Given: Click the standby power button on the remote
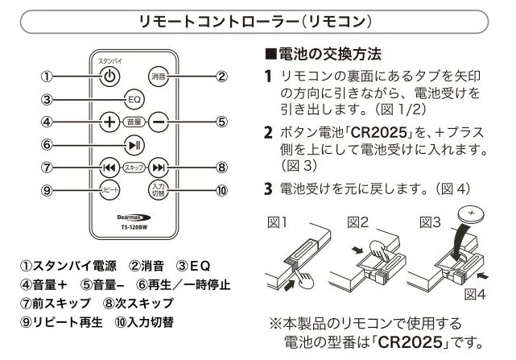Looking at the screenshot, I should pos(111,77).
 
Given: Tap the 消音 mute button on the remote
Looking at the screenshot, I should pos(158,77).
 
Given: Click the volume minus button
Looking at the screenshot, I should pos(159,122).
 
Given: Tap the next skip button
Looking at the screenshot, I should pos(159,168).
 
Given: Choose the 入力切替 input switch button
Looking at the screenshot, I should pos(159,191).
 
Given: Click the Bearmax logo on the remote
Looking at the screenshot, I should pos(134,217).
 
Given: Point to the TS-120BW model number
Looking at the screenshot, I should pos(134,227).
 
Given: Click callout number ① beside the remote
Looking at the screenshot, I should pos(47,77).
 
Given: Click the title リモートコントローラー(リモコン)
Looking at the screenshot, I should pos(258,19).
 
